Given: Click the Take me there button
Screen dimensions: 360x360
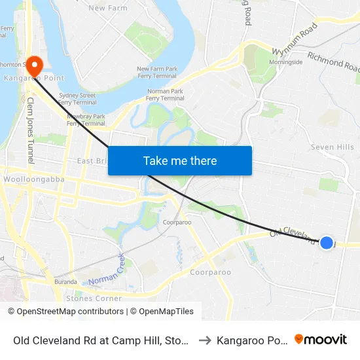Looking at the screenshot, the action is pos(180,160).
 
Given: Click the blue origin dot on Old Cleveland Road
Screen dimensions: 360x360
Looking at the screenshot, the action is pos(327,243).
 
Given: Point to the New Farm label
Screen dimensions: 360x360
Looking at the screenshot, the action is pos(107,8).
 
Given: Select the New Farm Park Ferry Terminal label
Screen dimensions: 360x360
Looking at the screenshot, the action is pos(157,73).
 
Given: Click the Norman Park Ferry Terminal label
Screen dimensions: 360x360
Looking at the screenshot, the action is pos(166,95).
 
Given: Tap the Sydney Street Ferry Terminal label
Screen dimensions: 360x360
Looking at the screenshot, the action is pos(77,99).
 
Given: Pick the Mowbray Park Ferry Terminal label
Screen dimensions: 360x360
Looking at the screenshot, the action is pos(86,120).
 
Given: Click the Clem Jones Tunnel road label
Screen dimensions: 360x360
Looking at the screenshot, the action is pos(30,131).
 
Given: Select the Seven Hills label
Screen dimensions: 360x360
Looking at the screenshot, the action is pos(332,147).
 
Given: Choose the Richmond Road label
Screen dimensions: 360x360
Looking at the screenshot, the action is pos(333,62).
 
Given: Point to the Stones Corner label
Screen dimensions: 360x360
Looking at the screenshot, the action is pos(94,298).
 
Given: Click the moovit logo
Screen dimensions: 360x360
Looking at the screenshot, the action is pos(321,339).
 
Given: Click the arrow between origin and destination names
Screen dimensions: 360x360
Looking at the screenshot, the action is pos(204,340).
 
